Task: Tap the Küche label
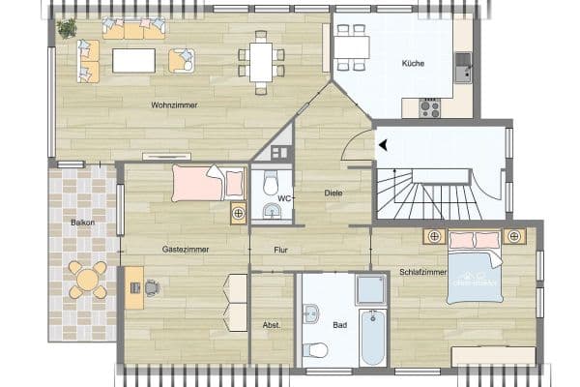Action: coord(414,63)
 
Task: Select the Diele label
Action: coord(333,193)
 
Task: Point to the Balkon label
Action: coord(82,223)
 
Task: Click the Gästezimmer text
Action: coord(186,249)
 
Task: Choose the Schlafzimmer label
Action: coord(422,273)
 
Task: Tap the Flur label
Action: coord(281,250)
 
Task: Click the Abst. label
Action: coord(272,325)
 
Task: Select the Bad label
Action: coord(339,325)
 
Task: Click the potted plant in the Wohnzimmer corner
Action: coord(67,28)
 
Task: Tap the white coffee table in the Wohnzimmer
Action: coord(134,60)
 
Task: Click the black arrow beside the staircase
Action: coord(384,145)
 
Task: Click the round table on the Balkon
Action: coord(88,281)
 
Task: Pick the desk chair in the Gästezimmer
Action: coord(153,286)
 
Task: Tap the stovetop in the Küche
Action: coord(429,108)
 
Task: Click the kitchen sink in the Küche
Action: coord(464,66)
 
